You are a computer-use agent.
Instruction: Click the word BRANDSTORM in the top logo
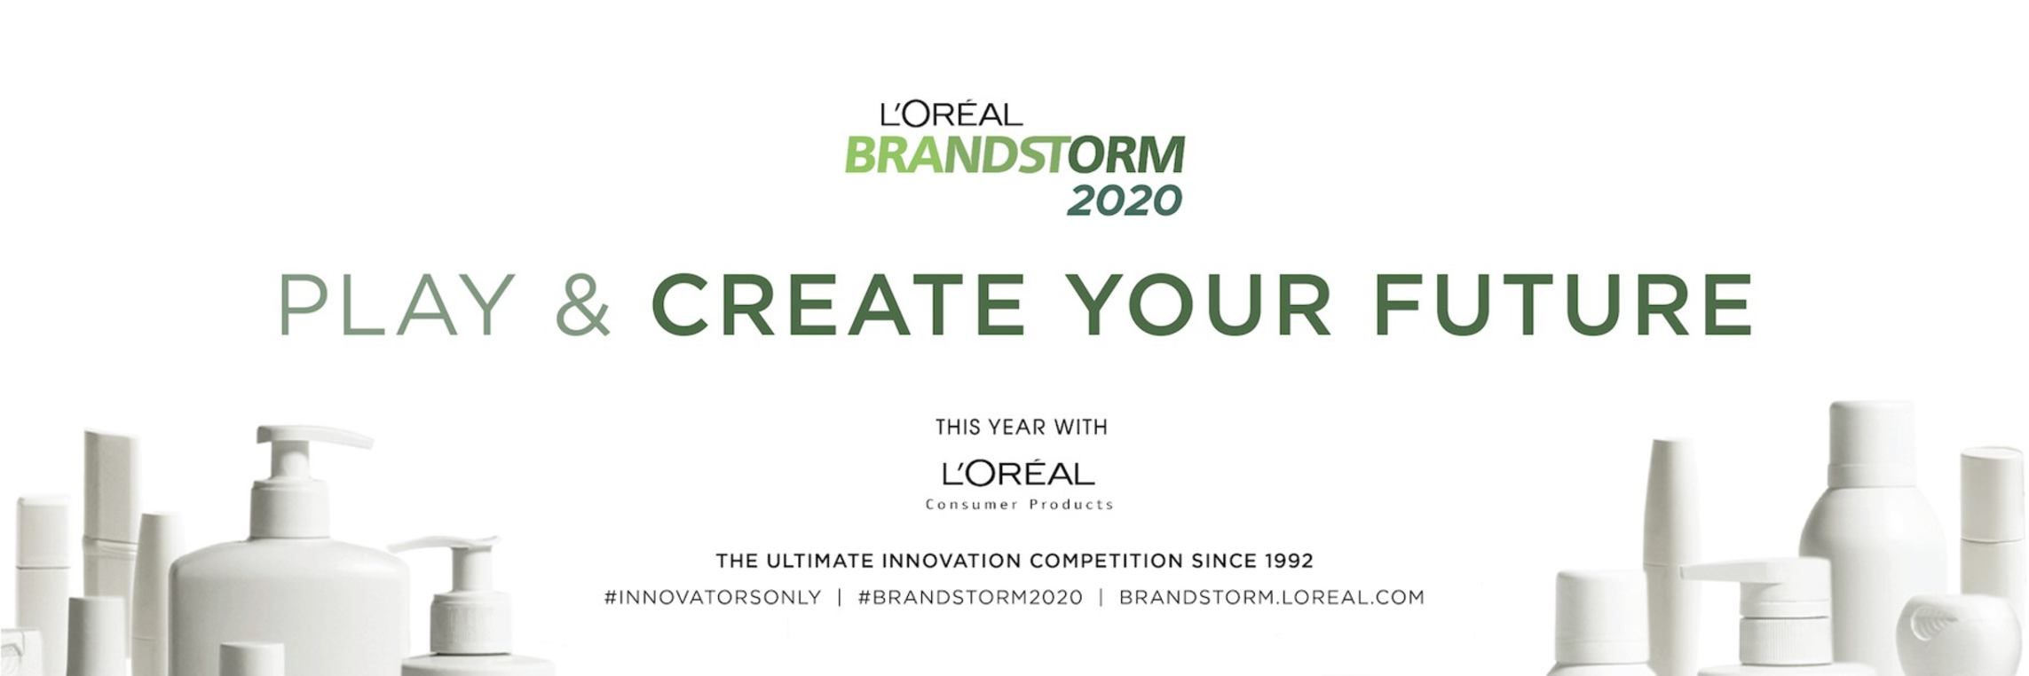[x=1014, y=155]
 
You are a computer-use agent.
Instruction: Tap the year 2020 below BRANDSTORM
[x=1125, y=200]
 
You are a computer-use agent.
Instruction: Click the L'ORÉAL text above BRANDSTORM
[x=951, y=114]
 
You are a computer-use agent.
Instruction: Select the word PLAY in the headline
[x=397, y=304]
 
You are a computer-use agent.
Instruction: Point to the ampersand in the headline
[x=582, y=304]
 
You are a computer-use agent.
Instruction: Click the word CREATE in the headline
[x=839, y=304]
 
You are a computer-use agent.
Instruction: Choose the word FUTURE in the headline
[x=1564, y=304]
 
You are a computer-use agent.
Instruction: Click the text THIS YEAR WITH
[x=1021, y=428]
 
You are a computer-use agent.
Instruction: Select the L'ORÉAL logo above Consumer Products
[x=1018, y=474]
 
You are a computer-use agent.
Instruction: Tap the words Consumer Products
[x=1019, y=505]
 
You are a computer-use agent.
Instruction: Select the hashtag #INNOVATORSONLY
[x=713, y=597]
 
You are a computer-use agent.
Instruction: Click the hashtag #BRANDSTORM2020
[x=970, y=597]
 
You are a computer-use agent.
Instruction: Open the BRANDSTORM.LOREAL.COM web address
[x=1272, y=597]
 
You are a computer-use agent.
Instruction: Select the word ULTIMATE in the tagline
[x=817, y=561]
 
